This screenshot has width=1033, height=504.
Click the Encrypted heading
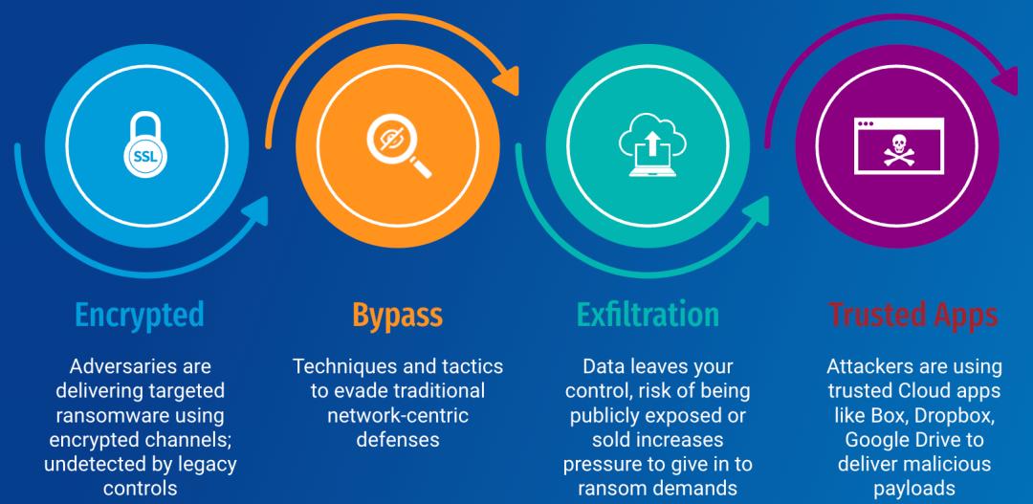point(140,315)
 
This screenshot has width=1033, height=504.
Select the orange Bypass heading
point(397,315)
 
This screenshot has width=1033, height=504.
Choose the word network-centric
point(397,416)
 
